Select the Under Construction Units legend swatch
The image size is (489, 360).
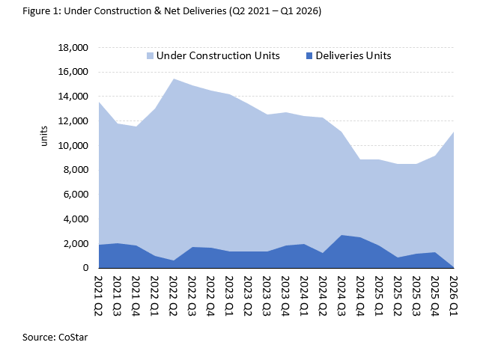(x=149, y=56)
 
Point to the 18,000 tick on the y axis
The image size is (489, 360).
(x=73, y=48)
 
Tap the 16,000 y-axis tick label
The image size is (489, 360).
(x=73, y=73)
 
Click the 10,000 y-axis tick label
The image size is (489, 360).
(x=73, y=146)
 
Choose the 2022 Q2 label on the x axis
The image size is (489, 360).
(x=174, y=294)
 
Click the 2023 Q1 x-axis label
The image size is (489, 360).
(x=230, y=294)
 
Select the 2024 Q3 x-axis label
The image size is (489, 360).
(x=341, y=294)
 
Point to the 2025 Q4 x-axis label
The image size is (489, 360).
(x=434, y=294)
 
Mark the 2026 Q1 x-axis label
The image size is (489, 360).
(x=453, y=294)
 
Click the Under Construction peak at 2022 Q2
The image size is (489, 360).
(x=174, y=79)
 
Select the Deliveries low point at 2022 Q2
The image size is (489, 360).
(x=174, y=260)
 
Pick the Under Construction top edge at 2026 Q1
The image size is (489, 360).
(x=452, y=132)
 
